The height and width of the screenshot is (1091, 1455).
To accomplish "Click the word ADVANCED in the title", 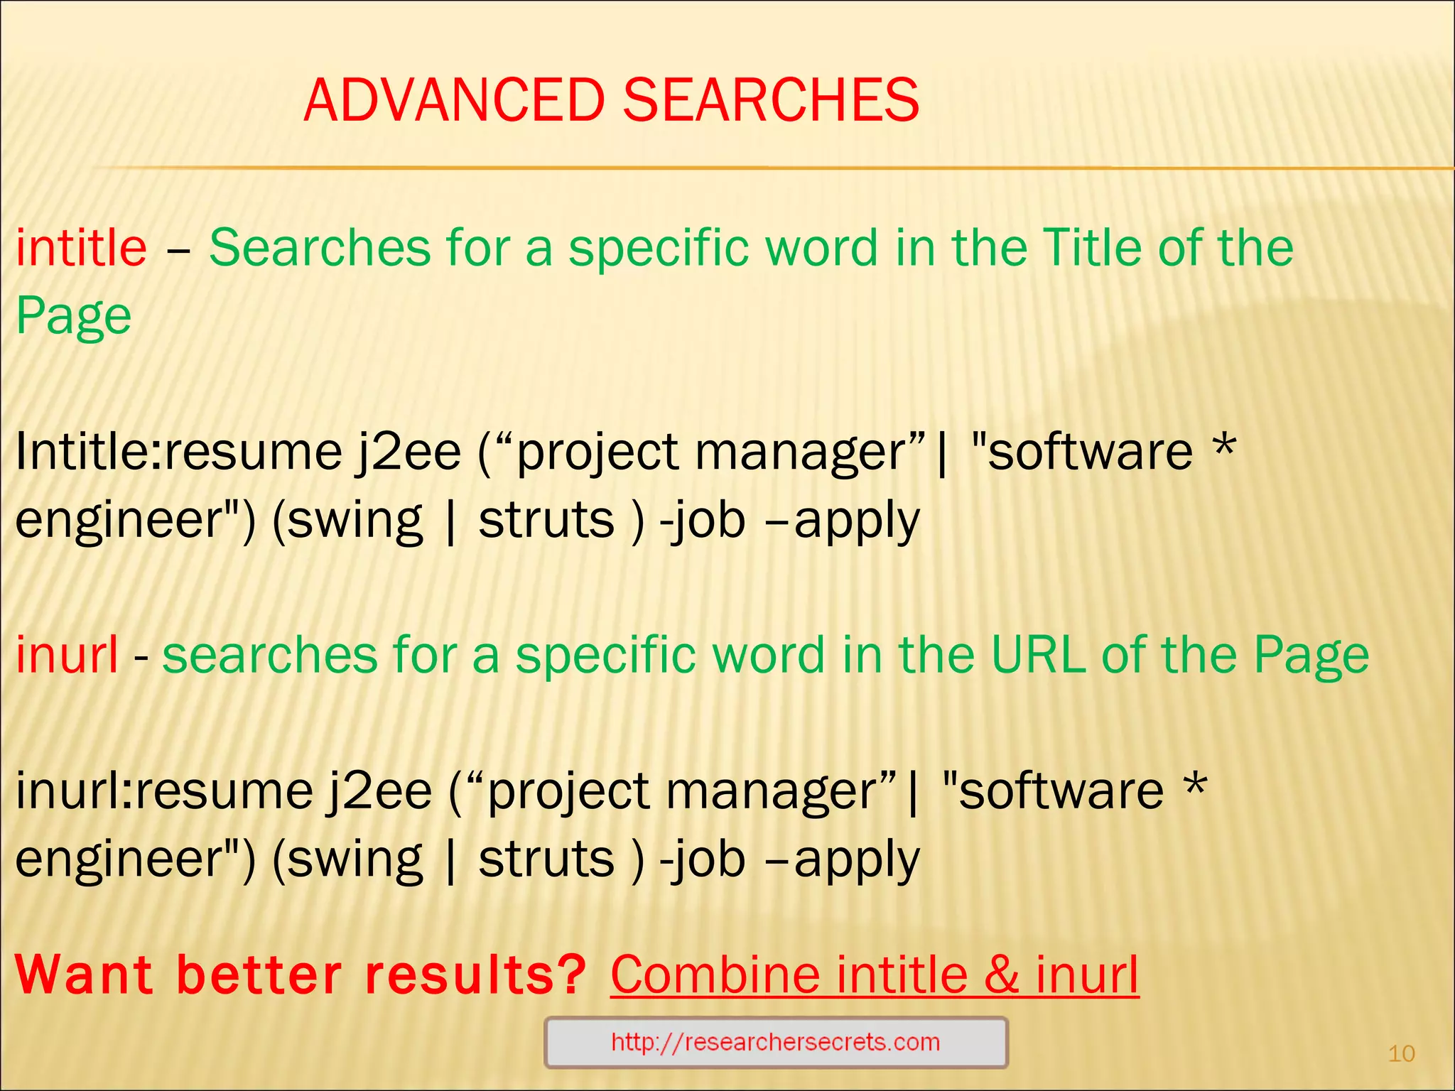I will click(454, 100).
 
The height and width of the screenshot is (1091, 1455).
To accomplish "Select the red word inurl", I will click(67, 654).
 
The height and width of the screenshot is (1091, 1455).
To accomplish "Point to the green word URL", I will click(1038, 654).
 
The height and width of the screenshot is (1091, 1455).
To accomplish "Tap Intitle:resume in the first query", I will click(178, 452).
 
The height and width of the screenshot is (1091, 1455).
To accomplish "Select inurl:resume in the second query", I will click(164, 791).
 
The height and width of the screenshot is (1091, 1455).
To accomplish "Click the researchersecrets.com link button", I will click(776, 1042).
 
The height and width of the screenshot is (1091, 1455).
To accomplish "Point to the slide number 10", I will click(1401, 1053).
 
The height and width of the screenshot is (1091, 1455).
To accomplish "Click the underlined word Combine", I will click(715, 975).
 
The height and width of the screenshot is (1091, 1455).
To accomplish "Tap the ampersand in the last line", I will click(1002, 975).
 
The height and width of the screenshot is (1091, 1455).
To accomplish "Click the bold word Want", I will click(84, 975).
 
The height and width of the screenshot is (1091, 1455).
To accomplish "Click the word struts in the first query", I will click(546, 520).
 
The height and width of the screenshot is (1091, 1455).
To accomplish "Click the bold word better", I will click(259, 975).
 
